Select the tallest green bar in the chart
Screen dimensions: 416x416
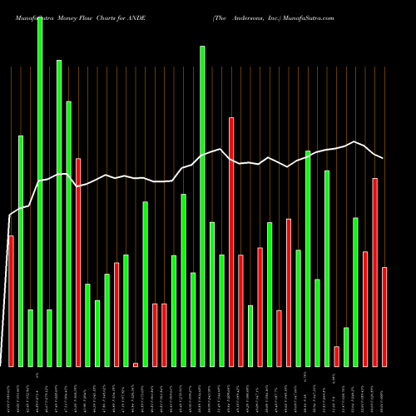click(x=40, y=191)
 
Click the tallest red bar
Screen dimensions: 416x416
click(x=231, y=242)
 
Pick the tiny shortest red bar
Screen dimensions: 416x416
click(x=136, y=364)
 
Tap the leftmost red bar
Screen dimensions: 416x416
click(x=11, y=301)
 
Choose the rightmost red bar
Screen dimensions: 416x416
click(x=384, y=317)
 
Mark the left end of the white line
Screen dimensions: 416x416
click(x=9, y=216)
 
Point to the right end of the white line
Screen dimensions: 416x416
click(x=383, y=158)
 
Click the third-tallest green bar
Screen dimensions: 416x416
click(x=59, y=213)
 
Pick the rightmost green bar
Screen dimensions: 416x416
click(x=356, y=292)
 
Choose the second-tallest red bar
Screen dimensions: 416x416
click(x=78, y=262)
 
